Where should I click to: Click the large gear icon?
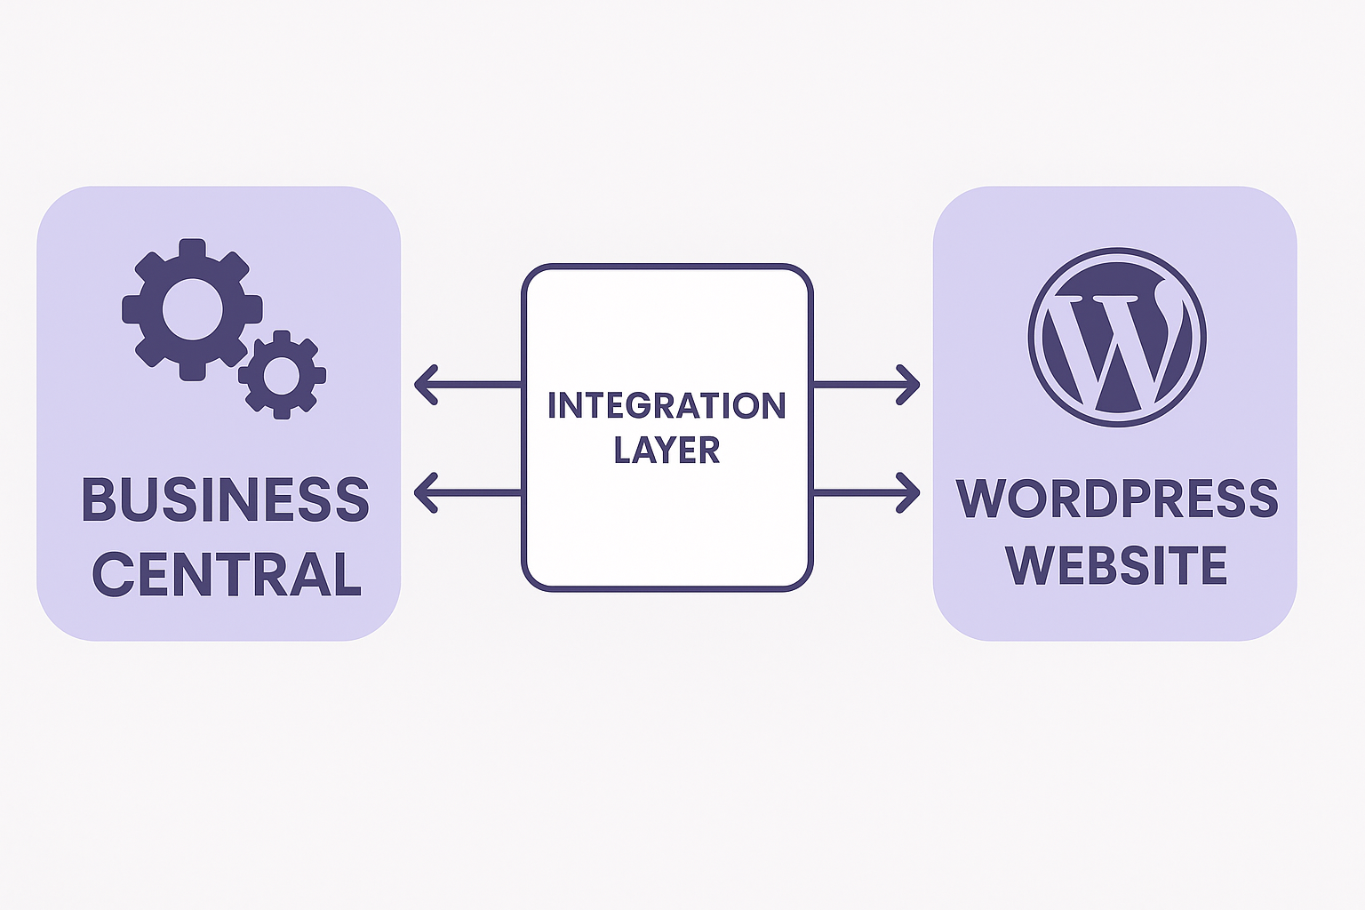192,309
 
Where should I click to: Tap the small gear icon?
282,375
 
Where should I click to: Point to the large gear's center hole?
192,309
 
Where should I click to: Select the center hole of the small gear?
282,375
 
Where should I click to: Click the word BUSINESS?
225,499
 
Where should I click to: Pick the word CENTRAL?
227,575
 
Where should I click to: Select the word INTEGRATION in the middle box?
667,406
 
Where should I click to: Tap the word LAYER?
667,451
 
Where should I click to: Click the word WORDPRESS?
1117,499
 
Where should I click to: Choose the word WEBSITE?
1116,566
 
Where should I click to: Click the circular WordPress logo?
1117,337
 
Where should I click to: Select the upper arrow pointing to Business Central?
467,385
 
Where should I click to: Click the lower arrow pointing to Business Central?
467,492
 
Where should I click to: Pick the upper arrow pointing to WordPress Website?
866,385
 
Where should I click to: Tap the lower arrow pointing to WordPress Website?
866,492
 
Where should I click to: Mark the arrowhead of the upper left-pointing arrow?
426,385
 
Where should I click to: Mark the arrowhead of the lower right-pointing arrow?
909,492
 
